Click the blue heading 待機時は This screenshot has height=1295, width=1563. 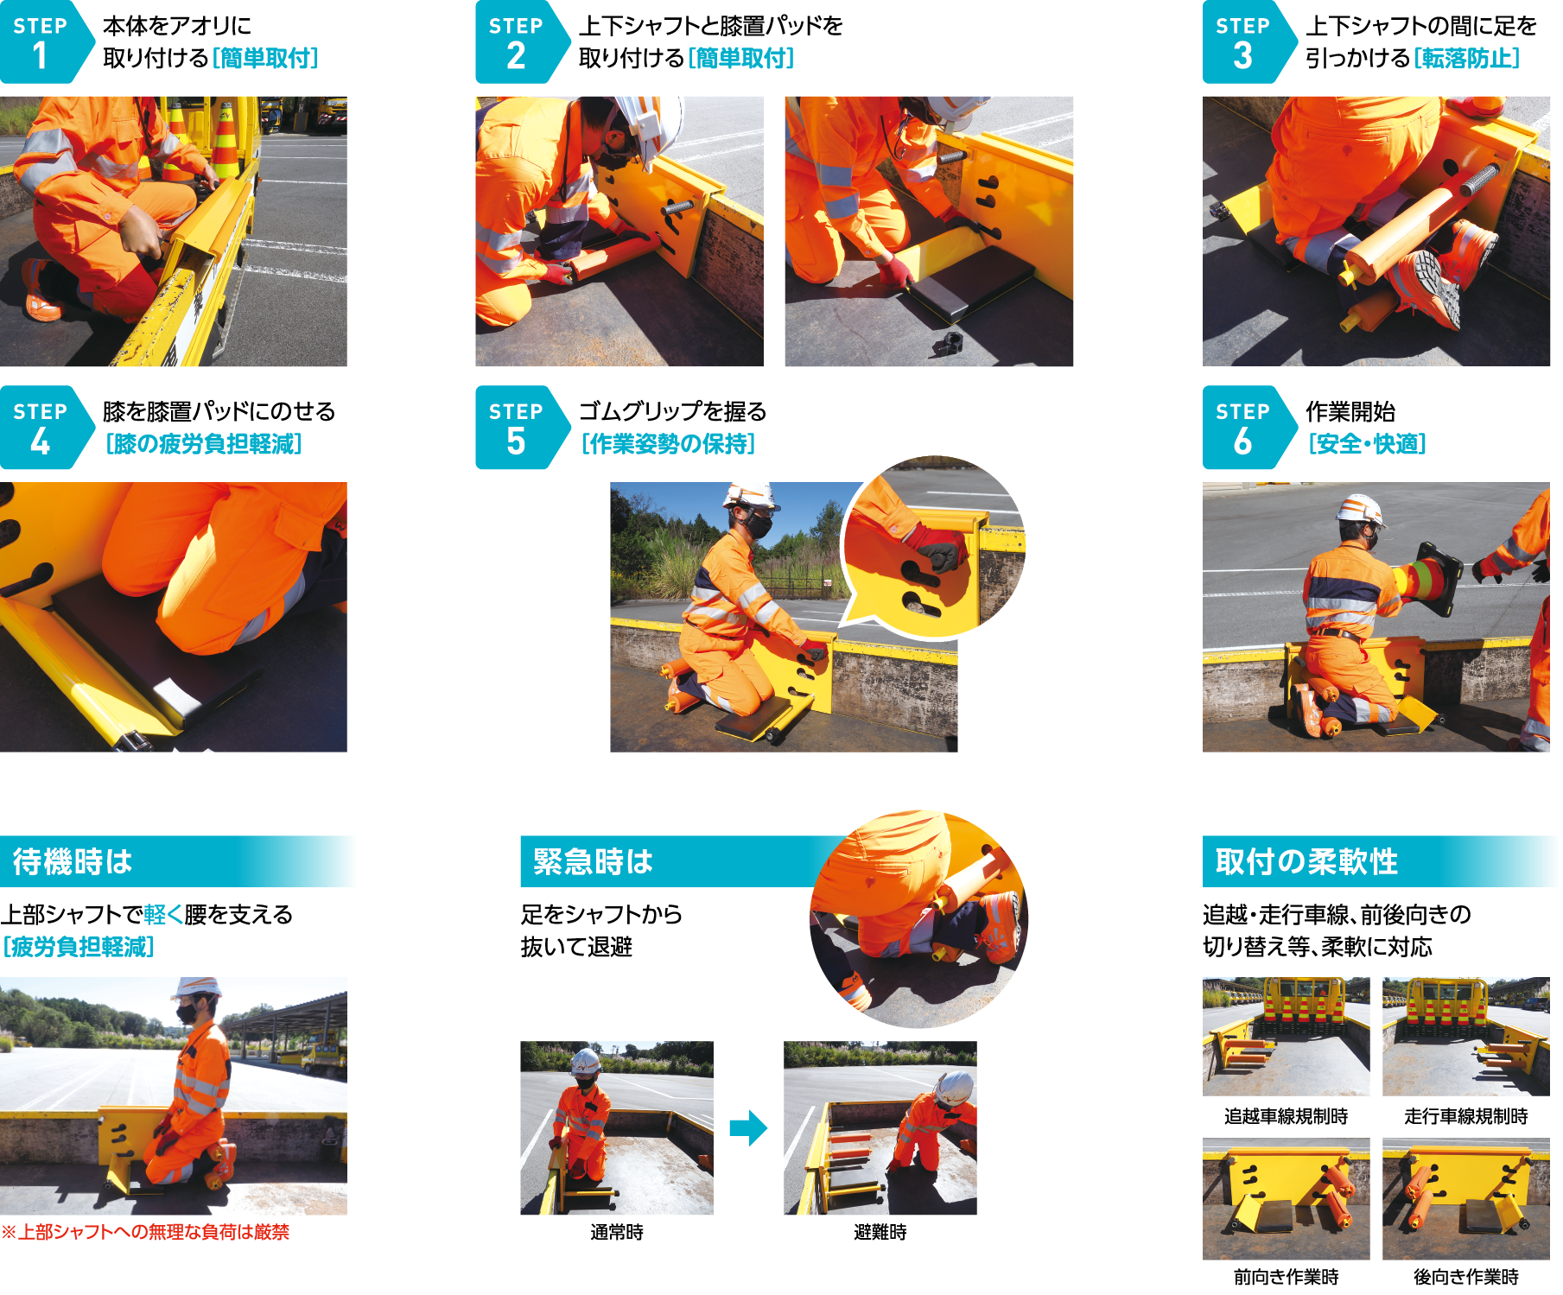coord(73,861)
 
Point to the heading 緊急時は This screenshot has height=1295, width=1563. coord(593,861)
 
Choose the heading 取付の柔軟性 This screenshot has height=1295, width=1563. coord(1306,861)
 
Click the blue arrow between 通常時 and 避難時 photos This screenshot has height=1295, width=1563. coord(748,1127)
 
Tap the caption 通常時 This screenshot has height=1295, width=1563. coord(617,1233)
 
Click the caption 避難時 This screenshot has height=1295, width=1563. coord(880,1233)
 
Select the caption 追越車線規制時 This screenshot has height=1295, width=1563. coord(1287,1116)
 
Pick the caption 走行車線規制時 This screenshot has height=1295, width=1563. coord(1466,1116)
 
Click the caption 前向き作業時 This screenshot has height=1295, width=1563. coord(1287,1277)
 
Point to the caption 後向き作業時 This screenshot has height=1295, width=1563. coord(1466,1277)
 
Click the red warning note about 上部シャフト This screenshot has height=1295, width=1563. coord(145,1232)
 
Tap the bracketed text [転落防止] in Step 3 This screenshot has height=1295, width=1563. coord(1466,58)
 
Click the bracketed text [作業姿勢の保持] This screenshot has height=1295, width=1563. coord(669,443)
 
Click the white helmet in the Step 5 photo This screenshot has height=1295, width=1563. coord(749,494)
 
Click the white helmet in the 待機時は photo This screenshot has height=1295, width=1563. coord(196,988)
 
